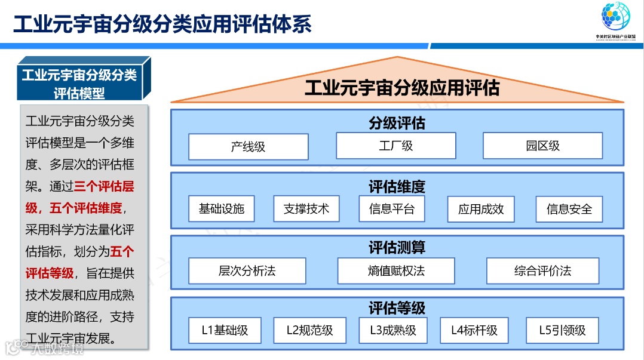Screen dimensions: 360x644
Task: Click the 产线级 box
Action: coord(248,147)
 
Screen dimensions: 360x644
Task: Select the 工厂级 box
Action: coord(395,146)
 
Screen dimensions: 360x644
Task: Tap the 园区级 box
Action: coord(542,146)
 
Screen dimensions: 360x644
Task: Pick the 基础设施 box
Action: coord(221,209)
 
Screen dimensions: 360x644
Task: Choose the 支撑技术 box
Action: coord(306,209)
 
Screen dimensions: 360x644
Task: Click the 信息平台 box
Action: coord(391,209)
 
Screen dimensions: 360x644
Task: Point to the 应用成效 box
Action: coord(481,210)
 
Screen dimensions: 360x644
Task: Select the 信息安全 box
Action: coord(569,210)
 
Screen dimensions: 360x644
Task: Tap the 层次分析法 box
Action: coord(247,271)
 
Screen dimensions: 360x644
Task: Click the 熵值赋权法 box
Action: coord(396,271)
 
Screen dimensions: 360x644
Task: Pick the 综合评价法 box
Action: coord(542,271)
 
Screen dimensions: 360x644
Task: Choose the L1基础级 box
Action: coord(225,330)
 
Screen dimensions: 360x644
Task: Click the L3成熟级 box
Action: coord(392,330)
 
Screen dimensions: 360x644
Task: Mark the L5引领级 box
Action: coord(562,330)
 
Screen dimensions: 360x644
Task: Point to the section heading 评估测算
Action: coord(397,247)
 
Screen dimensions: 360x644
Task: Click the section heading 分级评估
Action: coord(397,124)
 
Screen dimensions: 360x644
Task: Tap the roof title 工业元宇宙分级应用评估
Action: coord(401,88)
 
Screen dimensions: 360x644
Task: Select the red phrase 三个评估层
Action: coord(104,186)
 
